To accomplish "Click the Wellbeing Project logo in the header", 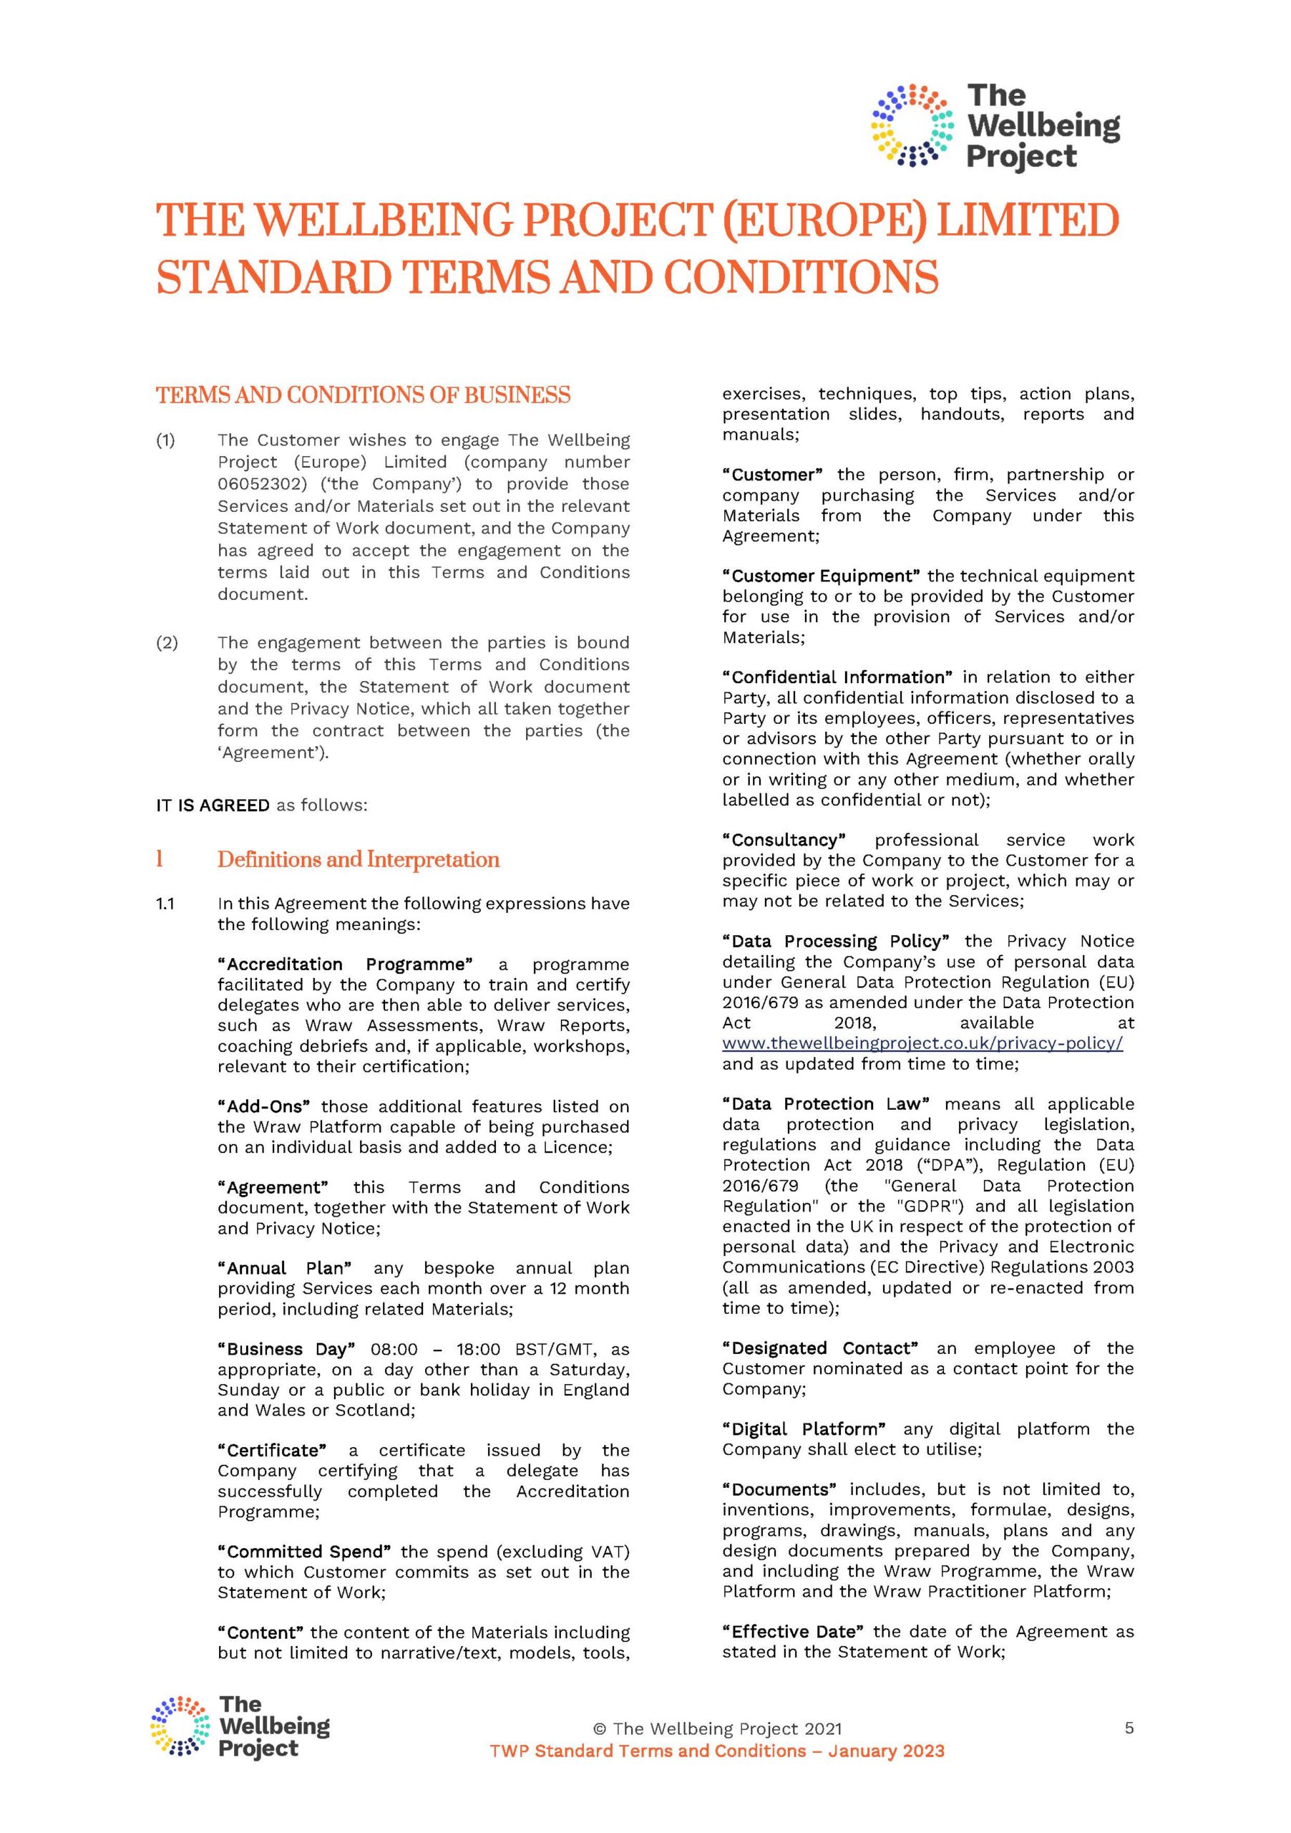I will (995, 126).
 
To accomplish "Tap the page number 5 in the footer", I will (1129, 1728).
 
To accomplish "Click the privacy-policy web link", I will (922, 1043).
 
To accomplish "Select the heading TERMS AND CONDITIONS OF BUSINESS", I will (363, 395).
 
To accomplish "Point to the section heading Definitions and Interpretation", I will (359, 860).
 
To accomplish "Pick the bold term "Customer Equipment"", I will (821, 576).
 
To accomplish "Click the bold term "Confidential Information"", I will (837, 677).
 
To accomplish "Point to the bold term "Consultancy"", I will (784, 840).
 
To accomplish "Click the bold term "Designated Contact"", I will (819, 1348).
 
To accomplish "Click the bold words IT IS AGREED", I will (213, 806).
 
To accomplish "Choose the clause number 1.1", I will (165, 904).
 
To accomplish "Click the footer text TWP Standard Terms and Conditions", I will (647, 1751).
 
